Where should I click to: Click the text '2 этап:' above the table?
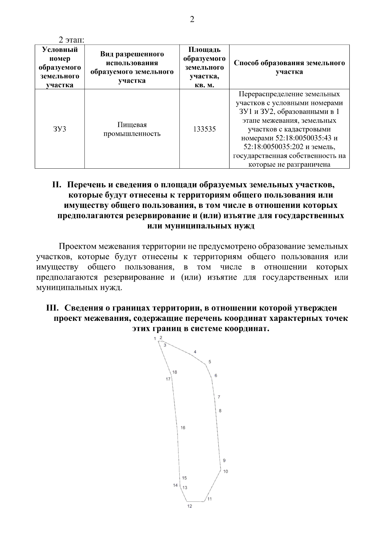[x=71, y=40]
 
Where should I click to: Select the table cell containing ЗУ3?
[x=60, y=129]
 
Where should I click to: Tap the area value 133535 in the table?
[x=204, y=129]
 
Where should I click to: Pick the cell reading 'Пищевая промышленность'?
[x=132, y=129]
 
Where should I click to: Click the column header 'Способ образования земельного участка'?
[x=289, y=67]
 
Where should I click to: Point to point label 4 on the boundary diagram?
[x=195, y=352]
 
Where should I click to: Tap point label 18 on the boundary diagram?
[x=175, y=372]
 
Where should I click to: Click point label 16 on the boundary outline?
[x=183, y=428]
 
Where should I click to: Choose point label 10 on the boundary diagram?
[x=225, y=471]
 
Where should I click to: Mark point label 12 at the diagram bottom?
[x=189, y=506]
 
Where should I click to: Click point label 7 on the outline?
[x=219, y=397]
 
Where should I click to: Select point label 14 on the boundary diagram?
[x=175, y=485]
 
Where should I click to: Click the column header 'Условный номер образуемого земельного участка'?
[x=60, y=67]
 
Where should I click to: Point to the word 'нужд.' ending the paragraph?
[x=113, y=288]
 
